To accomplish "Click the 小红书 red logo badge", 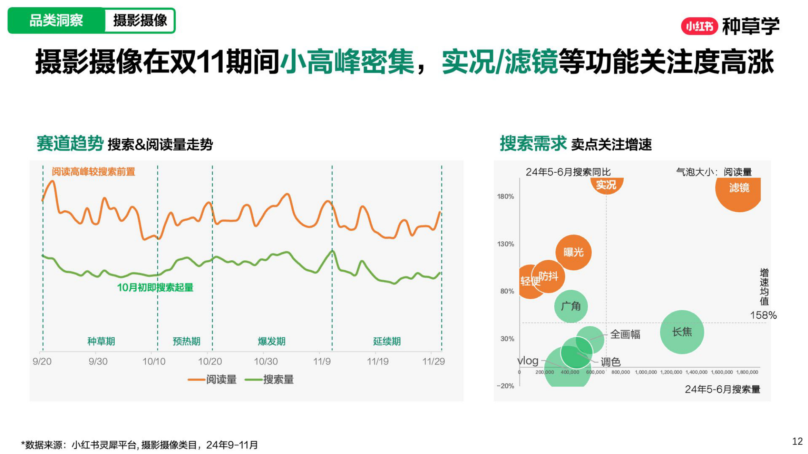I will pos(699,26).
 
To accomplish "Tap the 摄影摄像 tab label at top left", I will pos(140,20).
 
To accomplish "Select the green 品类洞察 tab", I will pos(56,20).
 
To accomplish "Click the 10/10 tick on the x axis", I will pos(154,361).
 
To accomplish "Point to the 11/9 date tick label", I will pos(322,361).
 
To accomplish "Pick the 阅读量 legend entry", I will pos(213,379).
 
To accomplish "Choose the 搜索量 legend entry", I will pos(270,379).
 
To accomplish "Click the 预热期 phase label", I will pos(186,341).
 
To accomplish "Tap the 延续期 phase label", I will pos(387,341).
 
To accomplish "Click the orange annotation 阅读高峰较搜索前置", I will pos(93,172).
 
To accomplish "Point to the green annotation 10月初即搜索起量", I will pos(155,287).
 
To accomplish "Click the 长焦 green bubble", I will pos(682,332).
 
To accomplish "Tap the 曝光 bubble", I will pos(573,252).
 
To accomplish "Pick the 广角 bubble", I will pos(570,306).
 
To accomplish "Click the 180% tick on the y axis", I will pos(505,197).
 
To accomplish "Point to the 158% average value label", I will pos(763,315).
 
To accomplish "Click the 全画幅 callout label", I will pos(625,334).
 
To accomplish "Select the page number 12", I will pos(797,441).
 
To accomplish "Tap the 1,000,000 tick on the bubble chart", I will pos(646,372).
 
